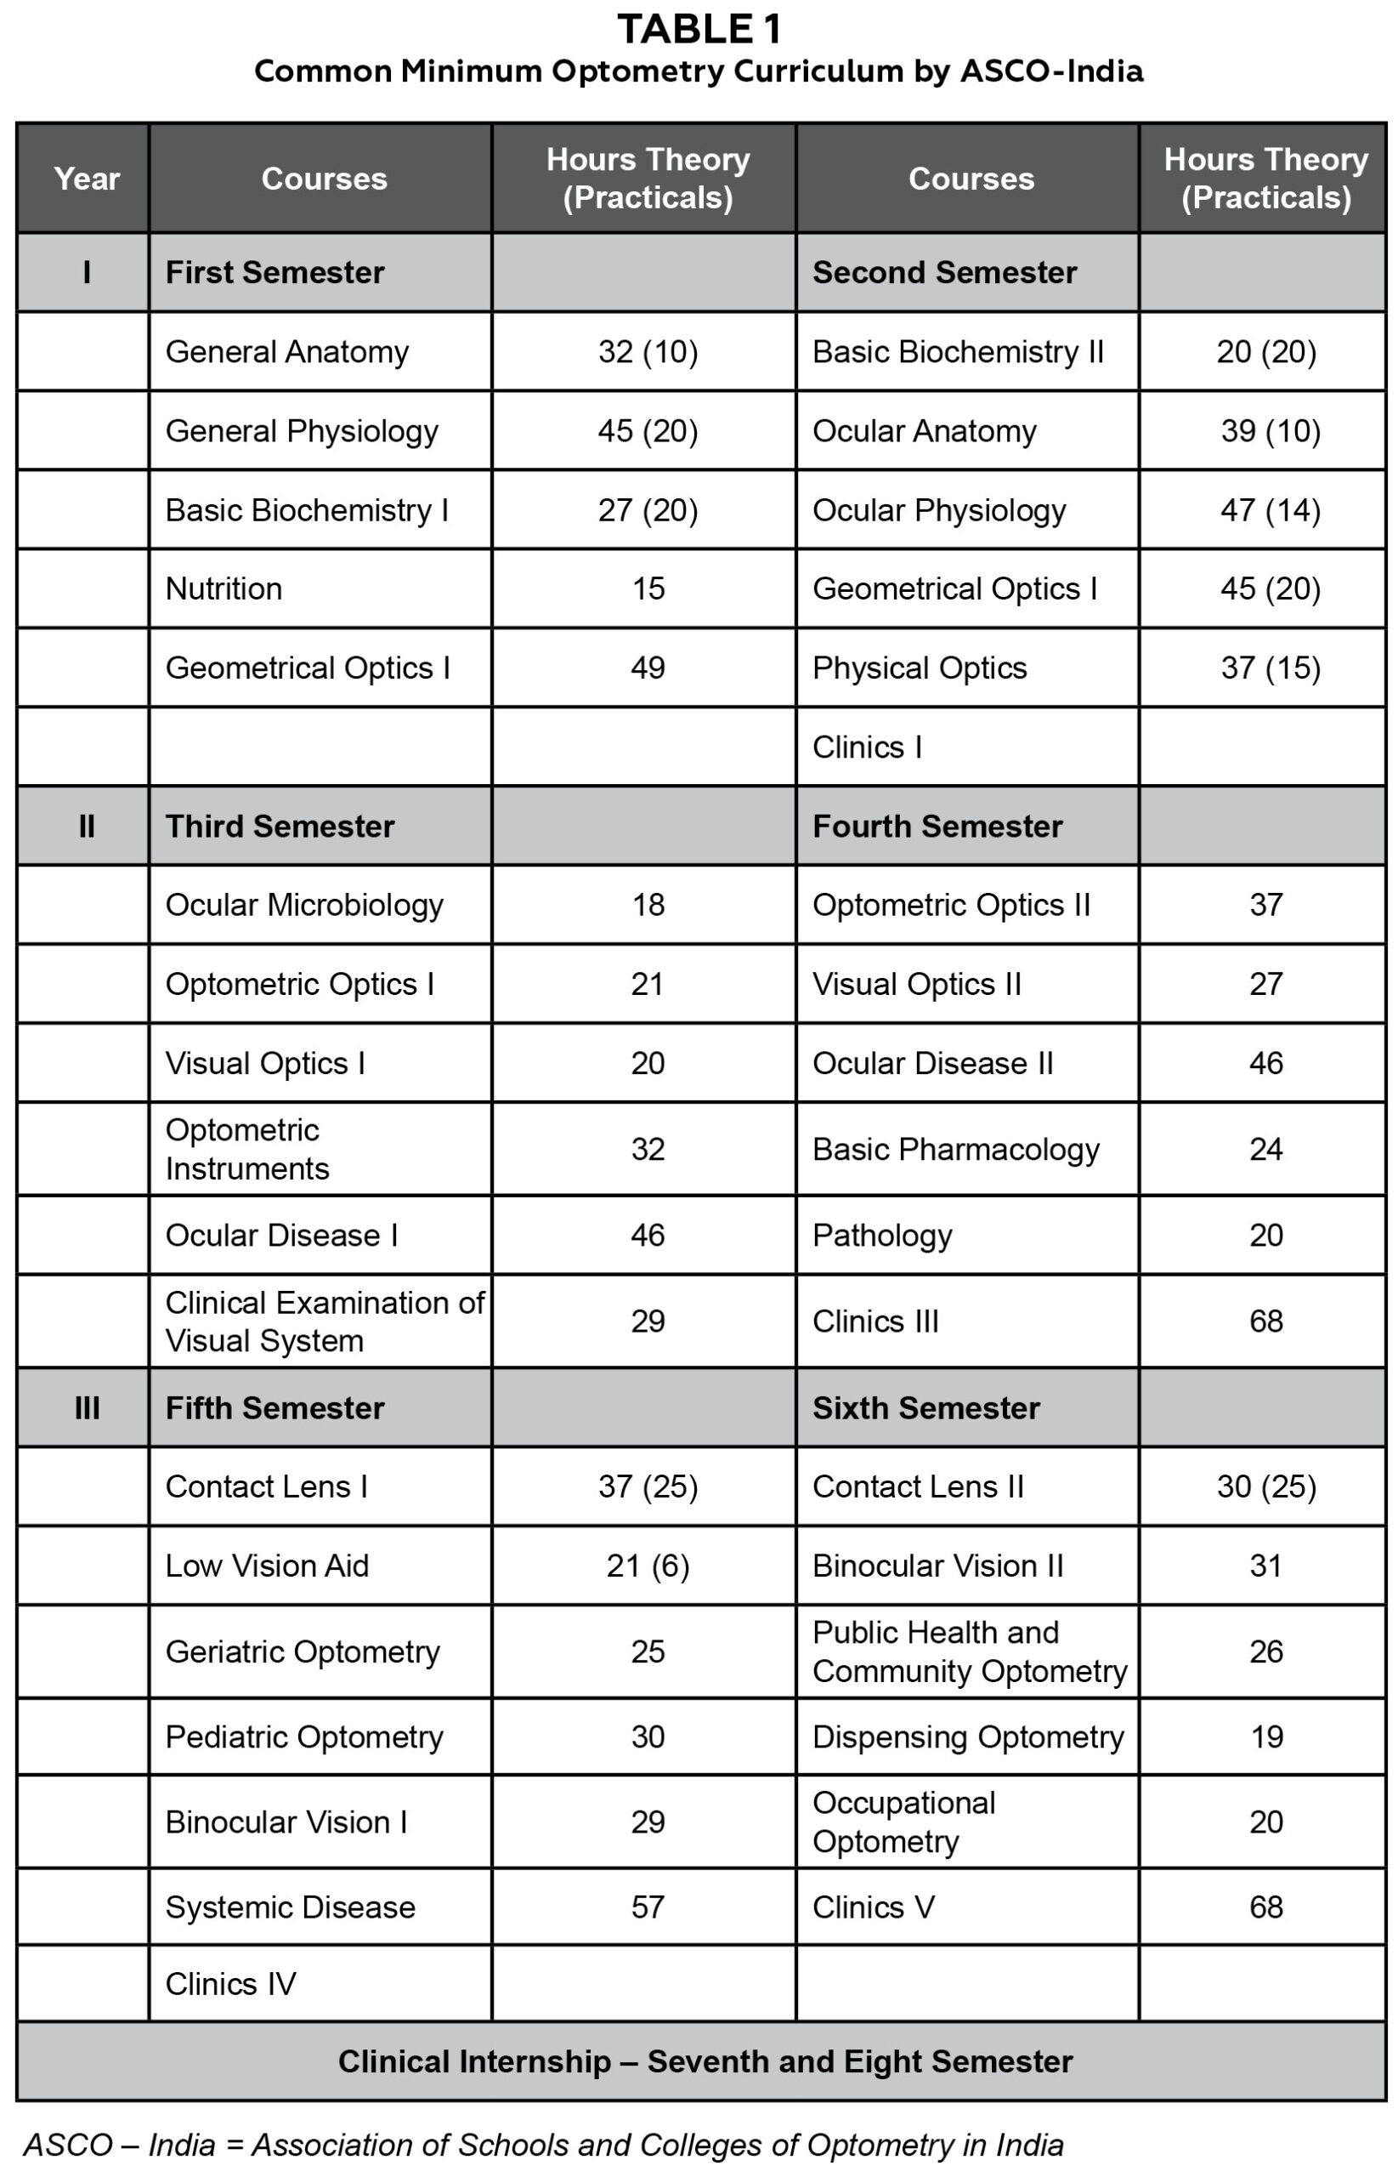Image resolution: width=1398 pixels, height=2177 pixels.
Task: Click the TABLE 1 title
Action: (x=698, y=29)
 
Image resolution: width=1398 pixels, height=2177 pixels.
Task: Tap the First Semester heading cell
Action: (x=275, y=272)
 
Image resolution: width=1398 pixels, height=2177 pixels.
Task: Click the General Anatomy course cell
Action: (x=287, y=351)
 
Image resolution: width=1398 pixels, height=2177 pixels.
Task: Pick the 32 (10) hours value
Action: (x=648, y=351)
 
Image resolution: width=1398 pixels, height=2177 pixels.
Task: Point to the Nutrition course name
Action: (x=224, y=588)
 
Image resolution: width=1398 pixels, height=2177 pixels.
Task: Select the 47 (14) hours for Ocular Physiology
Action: (x=1269, y=510)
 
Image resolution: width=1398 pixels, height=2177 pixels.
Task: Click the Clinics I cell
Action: (x=867, y=747)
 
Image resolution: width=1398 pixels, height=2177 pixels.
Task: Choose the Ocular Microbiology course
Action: (x=304, y=905)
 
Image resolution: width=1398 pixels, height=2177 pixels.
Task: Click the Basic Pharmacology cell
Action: (x=955, y=1149)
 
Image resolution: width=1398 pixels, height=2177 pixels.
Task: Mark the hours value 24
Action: (x=1265, y=1149)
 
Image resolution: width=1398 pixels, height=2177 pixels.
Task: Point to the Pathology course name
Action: (x=881, y=1235)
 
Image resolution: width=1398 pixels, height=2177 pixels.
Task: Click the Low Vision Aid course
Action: (x=267, y=1566)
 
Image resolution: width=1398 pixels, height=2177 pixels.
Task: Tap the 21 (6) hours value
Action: (x=648, y=1566)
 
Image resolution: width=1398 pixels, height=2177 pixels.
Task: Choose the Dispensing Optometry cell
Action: (x=968, y=1736)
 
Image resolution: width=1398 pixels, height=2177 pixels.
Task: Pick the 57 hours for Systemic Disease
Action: (x=648, y=1907)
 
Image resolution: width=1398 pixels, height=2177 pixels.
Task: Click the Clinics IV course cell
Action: (x=230, y=1984)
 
